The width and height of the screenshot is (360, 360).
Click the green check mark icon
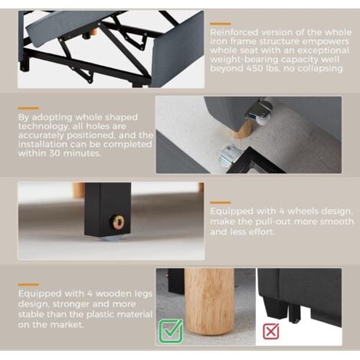tap(171, 331)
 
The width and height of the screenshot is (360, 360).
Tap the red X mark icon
tap(271, 331)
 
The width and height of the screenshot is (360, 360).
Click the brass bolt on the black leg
tap(117, 221)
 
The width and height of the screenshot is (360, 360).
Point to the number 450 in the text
tap(256, 68)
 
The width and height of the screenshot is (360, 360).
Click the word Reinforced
tap(234, 32)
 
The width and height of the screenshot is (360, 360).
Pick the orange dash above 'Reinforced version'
tap(221, 24)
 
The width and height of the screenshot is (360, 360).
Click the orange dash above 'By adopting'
tap(28, 108)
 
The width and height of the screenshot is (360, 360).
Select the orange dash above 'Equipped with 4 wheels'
tap(221, 203)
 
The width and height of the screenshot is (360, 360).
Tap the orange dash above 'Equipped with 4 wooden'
tap(28, 284)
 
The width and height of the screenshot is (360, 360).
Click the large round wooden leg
tap(209, 300)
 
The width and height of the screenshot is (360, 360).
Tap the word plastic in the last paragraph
tap(100, 314)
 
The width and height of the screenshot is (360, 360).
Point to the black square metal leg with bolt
tap(107, 209)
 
